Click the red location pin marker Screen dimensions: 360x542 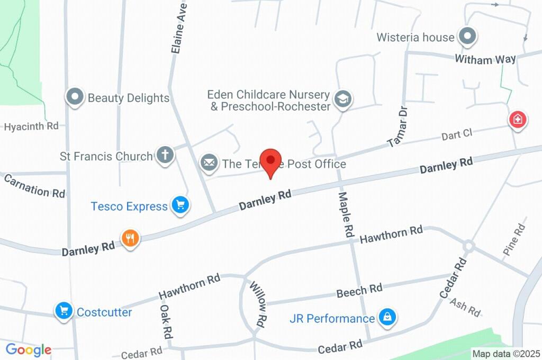point(272,160)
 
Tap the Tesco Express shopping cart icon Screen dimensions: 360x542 point(180,205)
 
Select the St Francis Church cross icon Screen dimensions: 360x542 point(165,156)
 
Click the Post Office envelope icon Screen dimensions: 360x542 point(209,163)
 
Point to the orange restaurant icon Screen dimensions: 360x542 point(130,238)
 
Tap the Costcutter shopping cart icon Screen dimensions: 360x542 point(64,311)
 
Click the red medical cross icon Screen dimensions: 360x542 point(517,119)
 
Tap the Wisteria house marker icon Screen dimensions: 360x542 point(467,37)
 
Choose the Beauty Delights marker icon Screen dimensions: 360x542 point(75,97)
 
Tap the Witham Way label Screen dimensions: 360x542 point(485,59)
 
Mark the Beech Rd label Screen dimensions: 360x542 point(359,290)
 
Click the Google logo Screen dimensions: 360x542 point(29,349)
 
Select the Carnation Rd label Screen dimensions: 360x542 point(34,185)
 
